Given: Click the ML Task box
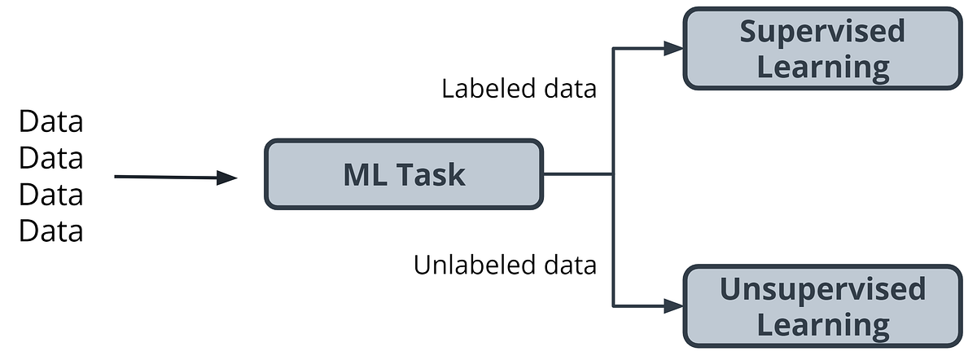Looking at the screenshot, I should click(x=403, y=174).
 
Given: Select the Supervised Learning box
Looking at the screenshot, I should click(x=822, y=49).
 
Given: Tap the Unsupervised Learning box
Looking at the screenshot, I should click(x=822, y=306).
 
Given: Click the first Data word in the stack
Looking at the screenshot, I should click(x=51, y=122).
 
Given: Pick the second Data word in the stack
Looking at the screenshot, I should click(x=51, y=159).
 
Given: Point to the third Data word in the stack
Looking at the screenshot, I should click(x=51, y=195).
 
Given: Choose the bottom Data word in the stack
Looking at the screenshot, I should click(x=51, y=232).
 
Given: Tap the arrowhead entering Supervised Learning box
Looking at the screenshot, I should click(x=673, y=48).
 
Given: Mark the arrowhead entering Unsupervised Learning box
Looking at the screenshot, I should click(x=673, y=306).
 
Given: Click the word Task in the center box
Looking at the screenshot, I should click(x=429, y=175).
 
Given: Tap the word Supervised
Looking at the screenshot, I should click(x=822, y=31).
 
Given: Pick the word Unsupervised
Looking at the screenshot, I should click(x=822, y=289).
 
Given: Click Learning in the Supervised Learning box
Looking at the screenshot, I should click(x=822, y=67).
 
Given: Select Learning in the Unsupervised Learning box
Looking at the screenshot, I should click(x=822, y=325).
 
